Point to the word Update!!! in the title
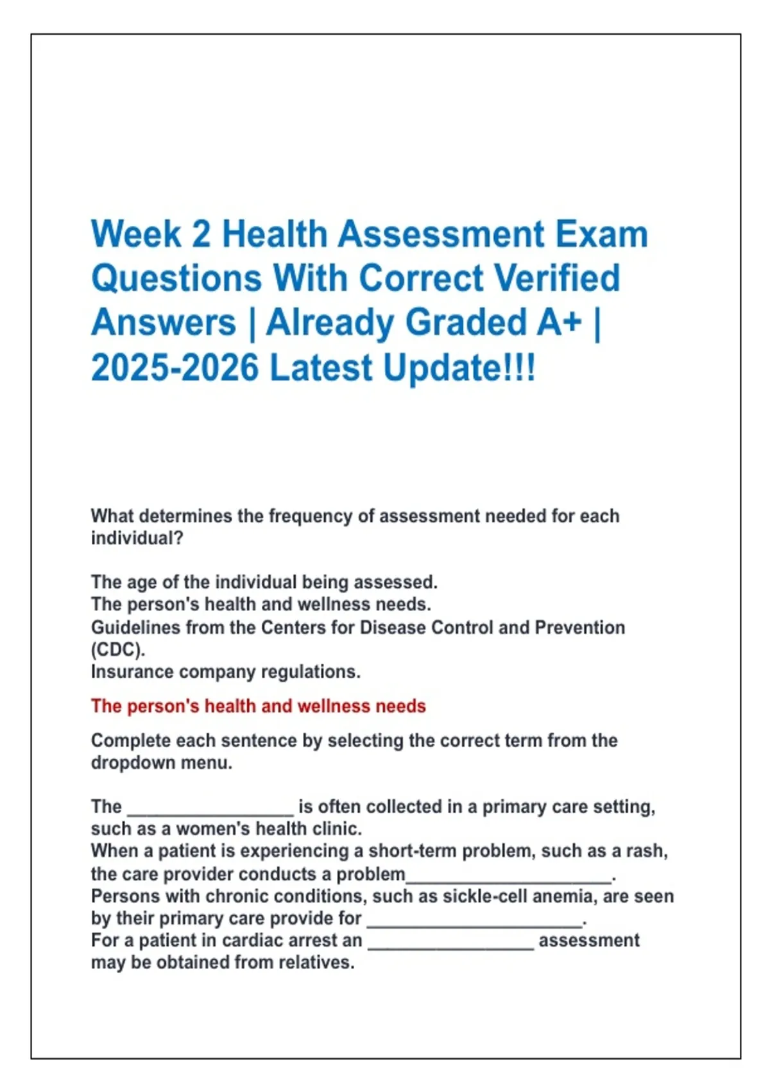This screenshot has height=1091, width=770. coord(459,368)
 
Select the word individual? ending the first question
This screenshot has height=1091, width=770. coord(137,538)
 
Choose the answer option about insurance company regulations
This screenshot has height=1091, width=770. coord(226,672)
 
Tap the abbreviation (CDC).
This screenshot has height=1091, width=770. coord(118,650)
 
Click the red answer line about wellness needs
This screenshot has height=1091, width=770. coord(259,706)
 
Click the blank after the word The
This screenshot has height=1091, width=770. coord(210,815)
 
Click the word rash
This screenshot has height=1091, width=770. coord(646,851)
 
